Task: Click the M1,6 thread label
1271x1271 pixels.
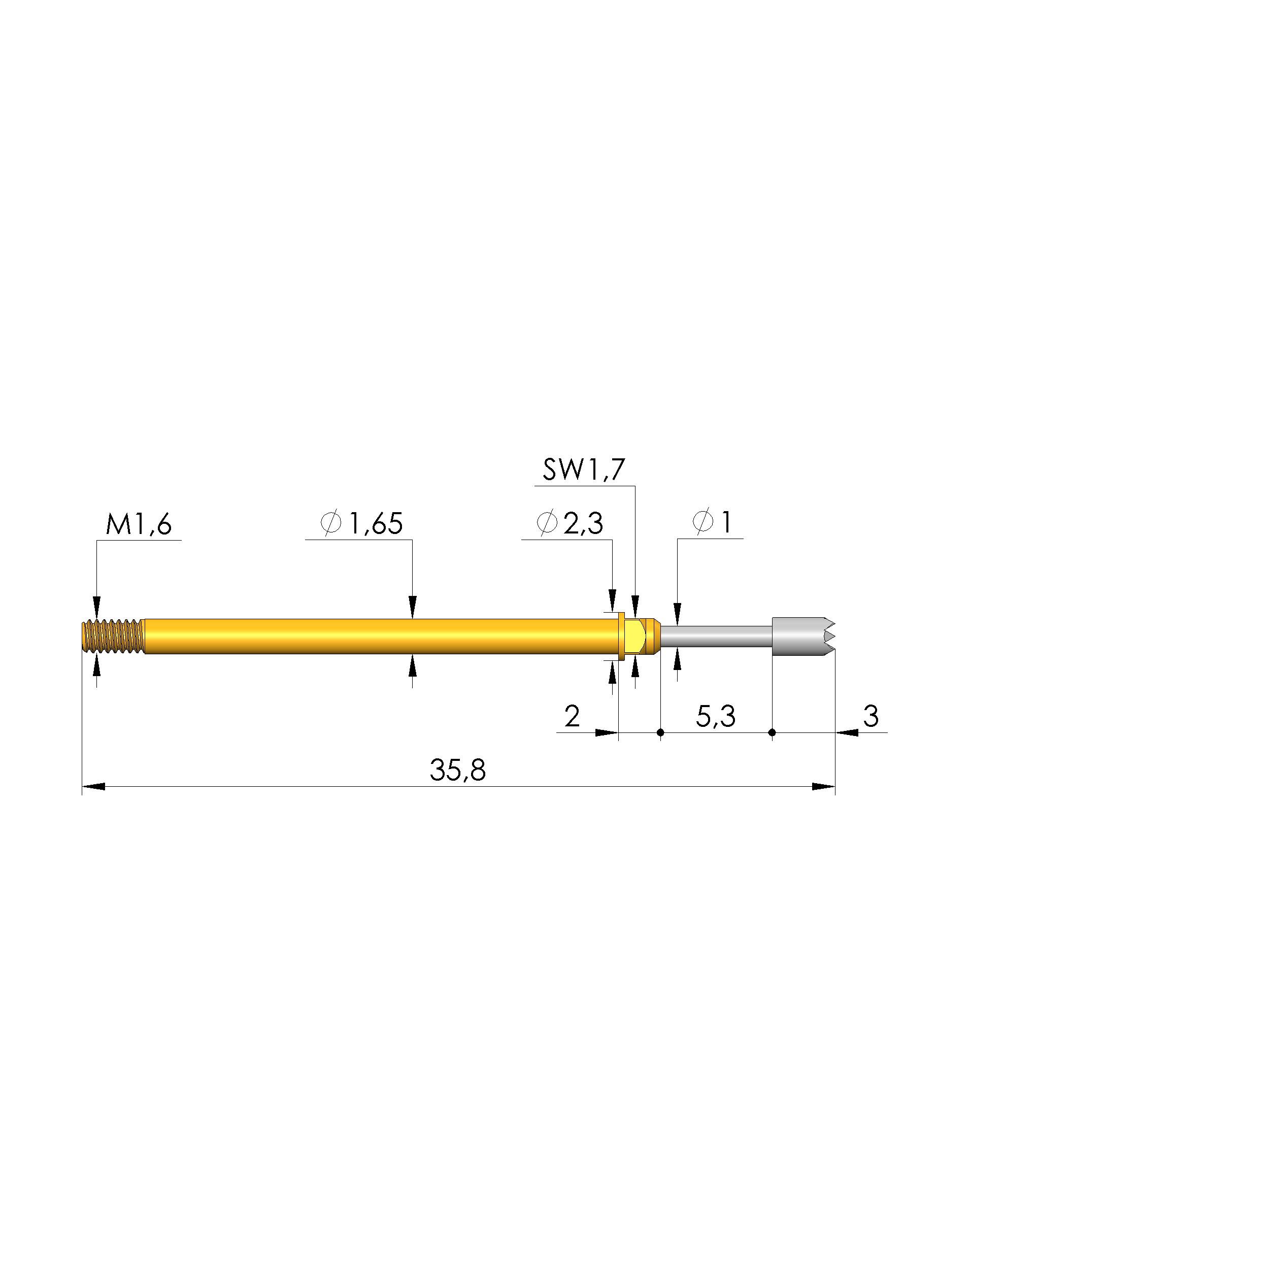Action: (139, 524)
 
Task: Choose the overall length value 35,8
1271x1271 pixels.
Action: (457, 770)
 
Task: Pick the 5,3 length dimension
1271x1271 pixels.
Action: (715, 716)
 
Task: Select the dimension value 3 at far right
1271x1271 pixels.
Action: (871, 716)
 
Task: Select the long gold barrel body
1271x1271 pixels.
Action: (382, 636)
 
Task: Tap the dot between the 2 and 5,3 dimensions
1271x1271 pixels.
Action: (660, 732)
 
